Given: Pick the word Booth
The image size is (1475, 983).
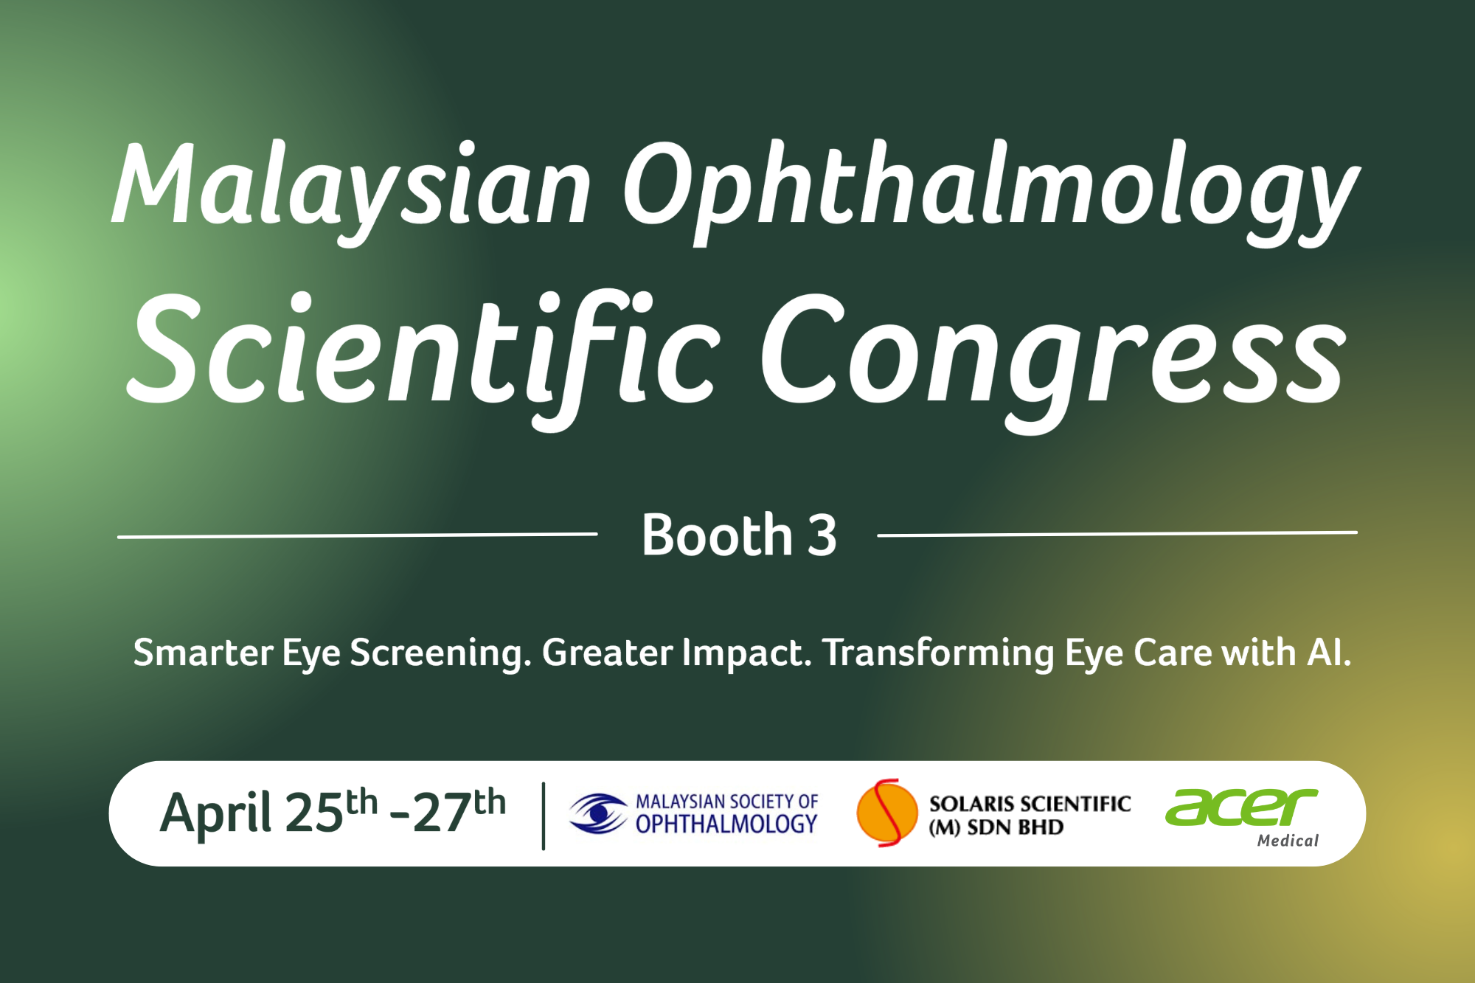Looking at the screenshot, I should pos(717,535).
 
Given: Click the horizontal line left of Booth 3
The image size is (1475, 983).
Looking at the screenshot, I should pos(357,535).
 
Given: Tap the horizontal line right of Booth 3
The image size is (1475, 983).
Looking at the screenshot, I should pos(1117,533).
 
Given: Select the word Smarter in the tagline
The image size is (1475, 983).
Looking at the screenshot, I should pos(203,653).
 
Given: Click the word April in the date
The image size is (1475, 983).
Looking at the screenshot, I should pos(216,814).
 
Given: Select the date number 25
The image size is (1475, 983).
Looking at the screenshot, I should pos(314,814).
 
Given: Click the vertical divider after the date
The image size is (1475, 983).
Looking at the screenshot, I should pos(544,816).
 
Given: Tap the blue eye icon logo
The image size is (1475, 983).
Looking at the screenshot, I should pos(598,813).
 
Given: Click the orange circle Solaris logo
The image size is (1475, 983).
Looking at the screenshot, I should pos(887,813).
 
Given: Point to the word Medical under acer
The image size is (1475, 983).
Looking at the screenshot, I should pos(1288,841).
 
